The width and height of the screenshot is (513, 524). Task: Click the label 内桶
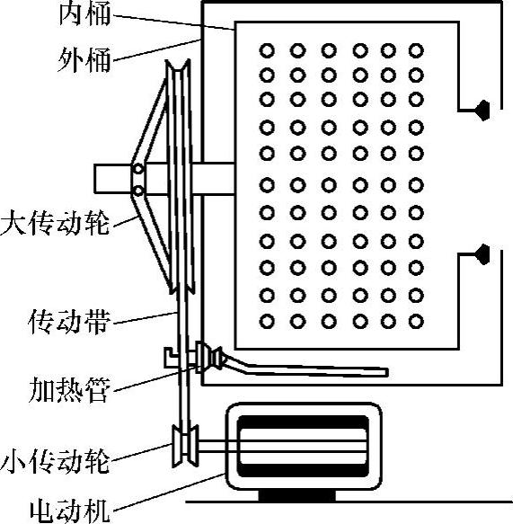point(84,14)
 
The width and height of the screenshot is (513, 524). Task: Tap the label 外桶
point(84,60)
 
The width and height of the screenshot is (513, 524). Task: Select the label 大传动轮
point(55,222)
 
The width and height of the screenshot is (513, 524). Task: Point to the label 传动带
point(69,322)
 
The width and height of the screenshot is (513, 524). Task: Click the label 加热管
point(69,390)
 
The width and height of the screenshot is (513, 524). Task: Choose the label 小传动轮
point(55,461)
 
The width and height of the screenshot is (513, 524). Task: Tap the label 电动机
point(69,511)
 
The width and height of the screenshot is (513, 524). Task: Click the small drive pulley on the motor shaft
point(185,446)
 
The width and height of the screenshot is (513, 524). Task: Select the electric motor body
point(304,446)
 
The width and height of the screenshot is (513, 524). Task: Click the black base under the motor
point(297,495)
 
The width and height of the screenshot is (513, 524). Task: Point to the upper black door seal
point(483,110)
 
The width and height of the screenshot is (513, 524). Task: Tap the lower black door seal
point(483,254)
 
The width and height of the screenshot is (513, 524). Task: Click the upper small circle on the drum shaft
point(138,170)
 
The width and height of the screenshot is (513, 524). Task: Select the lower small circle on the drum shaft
point(138,191)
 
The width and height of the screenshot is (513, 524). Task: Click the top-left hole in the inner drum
point(267,51)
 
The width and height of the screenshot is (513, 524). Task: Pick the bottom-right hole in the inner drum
point(416,322)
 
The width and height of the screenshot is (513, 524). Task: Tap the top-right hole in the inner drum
point(416,51)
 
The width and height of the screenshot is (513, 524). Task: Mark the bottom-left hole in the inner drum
point(267,322)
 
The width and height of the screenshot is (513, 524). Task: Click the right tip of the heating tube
point(386,372)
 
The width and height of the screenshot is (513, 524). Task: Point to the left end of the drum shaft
point(95,179)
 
